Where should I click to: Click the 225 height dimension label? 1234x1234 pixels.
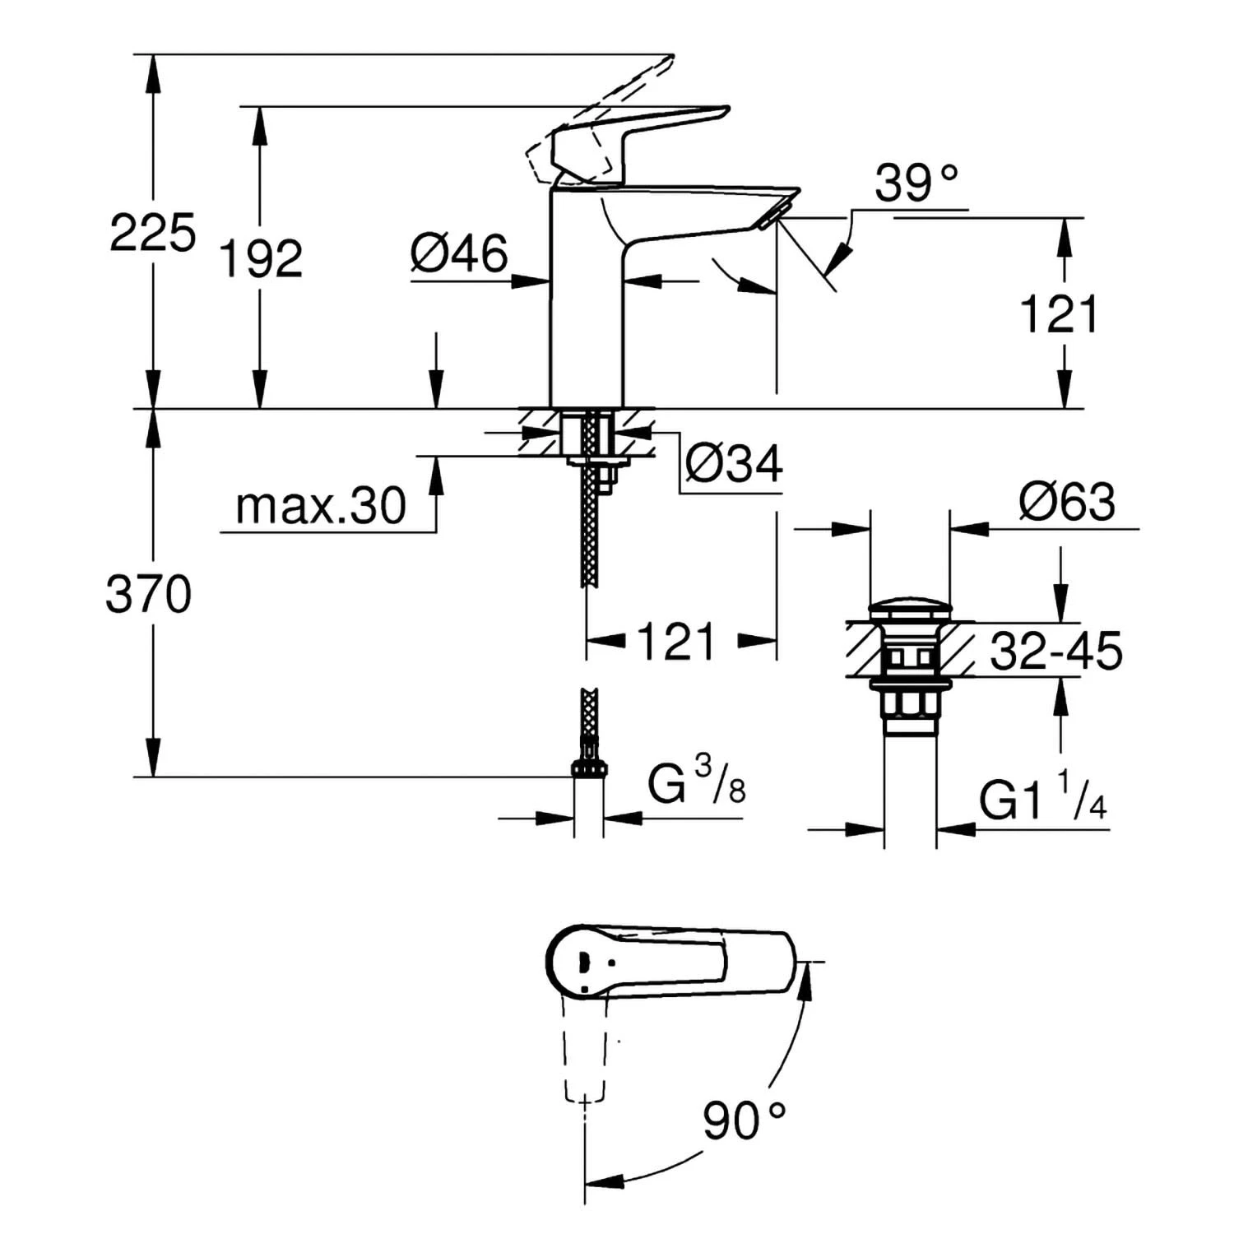point(152,233)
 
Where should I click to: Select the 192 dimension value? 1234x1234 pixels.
point(261,259)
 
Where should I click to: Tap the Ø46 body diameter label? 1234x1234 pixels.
point(459,253)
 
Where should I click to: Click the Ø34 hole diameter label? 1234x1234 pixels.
point(734,464)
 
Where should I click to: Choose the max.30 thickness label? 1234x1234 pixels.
point(320,506)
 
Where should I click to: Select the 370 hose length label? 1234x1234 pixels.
point(148,594)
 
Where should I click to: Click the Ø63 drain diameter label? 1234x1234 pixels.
point(1067,502)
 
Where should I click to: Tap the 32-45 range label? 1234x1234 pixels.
point(1055,652)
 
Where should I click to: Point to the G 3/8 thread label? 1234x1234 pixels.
point(696,782)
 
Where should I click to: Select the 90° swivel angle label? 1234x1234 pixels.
point(744,1120)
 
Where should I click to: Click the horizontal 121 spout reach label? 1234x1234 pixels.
point(675,642)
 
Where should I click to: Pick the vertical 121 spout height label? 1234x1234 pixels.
point(1059,314)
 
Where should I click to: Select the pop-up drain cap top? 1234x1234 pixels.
point(910,610)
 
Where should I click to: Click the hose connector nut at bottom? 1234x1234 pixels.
point(589,768)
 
